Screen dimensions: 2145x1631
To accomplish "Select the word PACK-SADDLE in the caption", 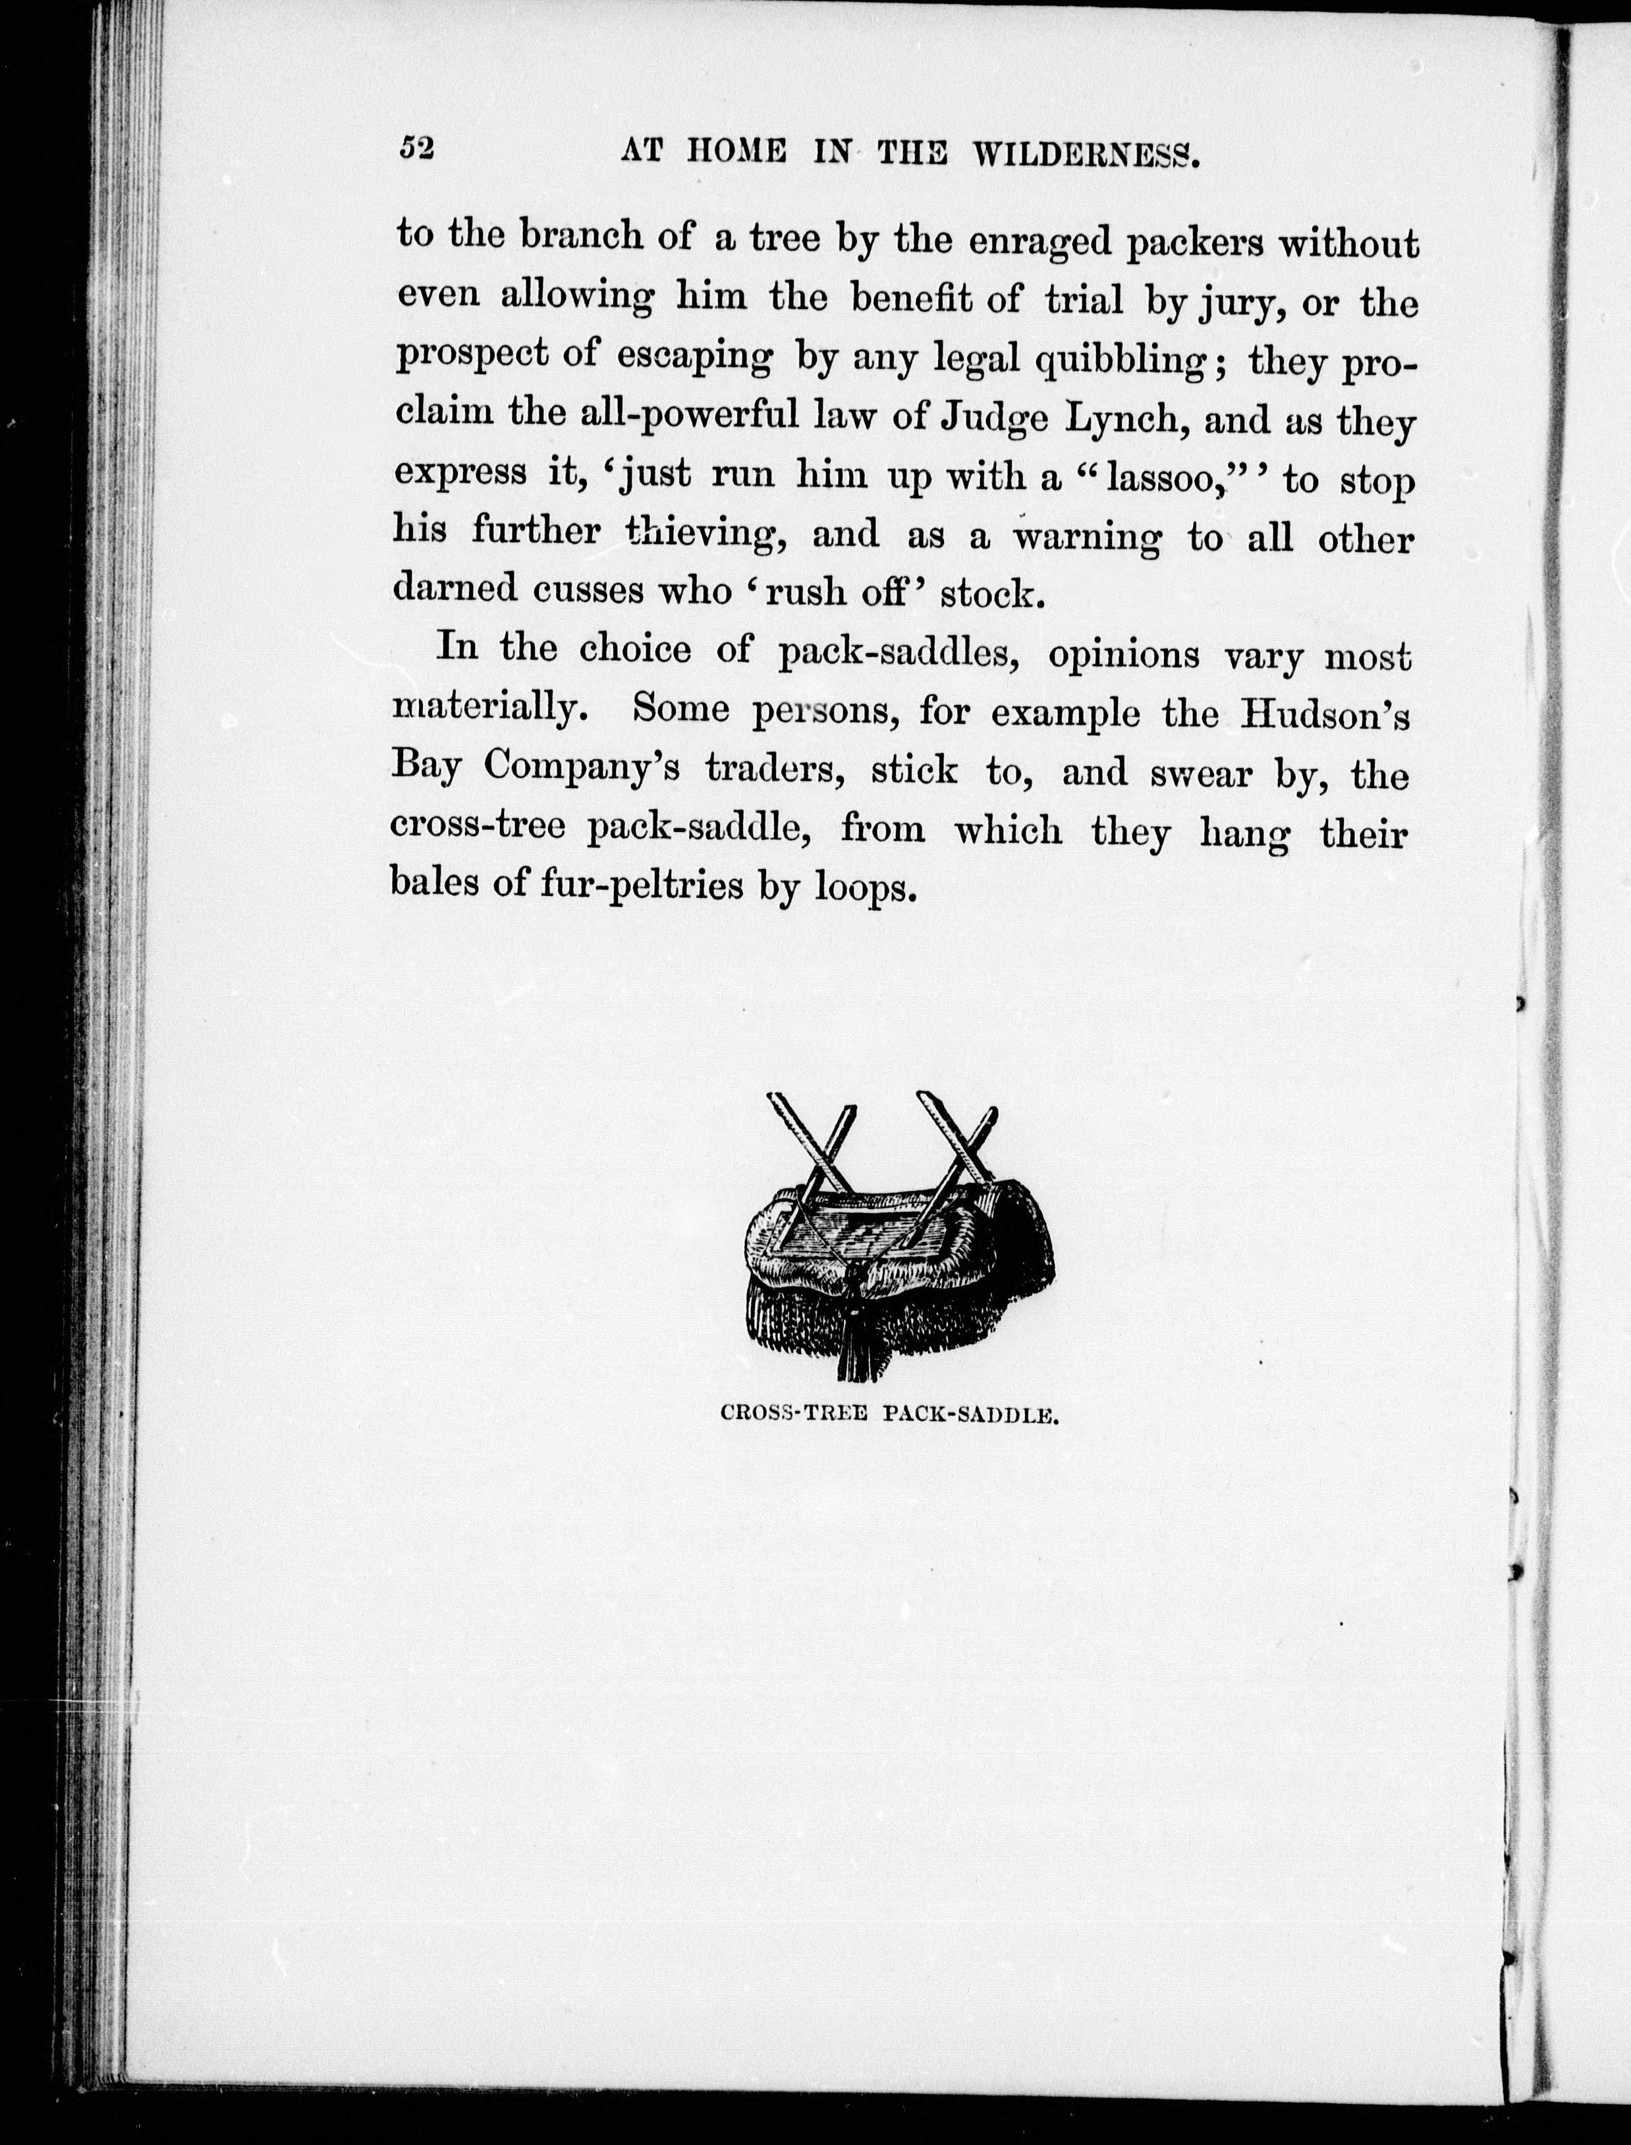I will click(969, 1415).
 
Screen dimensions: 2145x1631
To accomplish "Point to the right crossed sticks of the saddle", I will click(956, 1156).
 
